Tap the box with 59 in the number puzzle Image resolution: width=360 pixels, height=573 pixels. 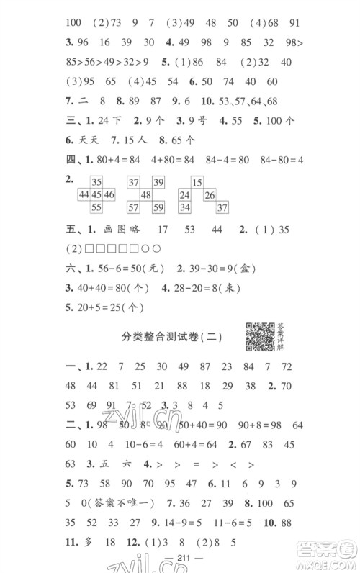click(x=159, y=208)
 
